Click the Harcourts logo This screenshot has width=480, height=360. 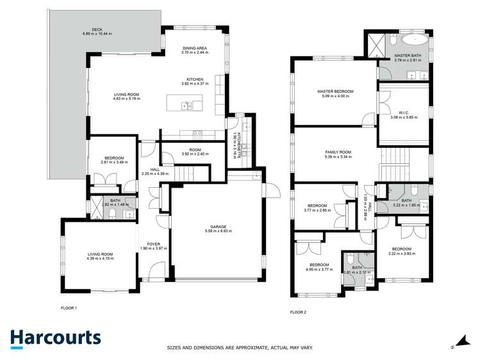55,338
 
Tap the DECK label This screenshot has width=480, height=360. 97,29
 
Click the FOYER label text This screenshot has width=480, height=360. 153,244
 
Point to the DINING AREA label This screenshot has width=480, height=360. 194,48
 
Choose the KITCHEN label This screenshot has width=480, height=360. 194,79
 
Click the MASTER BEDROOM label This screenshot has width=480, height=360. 335,92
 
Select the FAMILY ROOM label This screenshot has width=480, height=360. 338,152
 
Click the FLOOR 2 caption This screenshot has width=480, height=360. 298,312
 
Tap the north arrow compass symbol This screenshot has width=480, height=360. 461,343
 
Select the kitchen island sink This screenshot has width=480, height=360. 186,106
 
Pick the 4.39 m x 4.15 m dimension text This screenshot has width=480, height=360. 101,259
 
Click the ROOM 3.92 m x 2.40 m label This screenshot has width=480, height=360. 194,154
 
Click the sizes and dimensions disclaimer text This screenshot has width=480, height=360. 240,347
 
